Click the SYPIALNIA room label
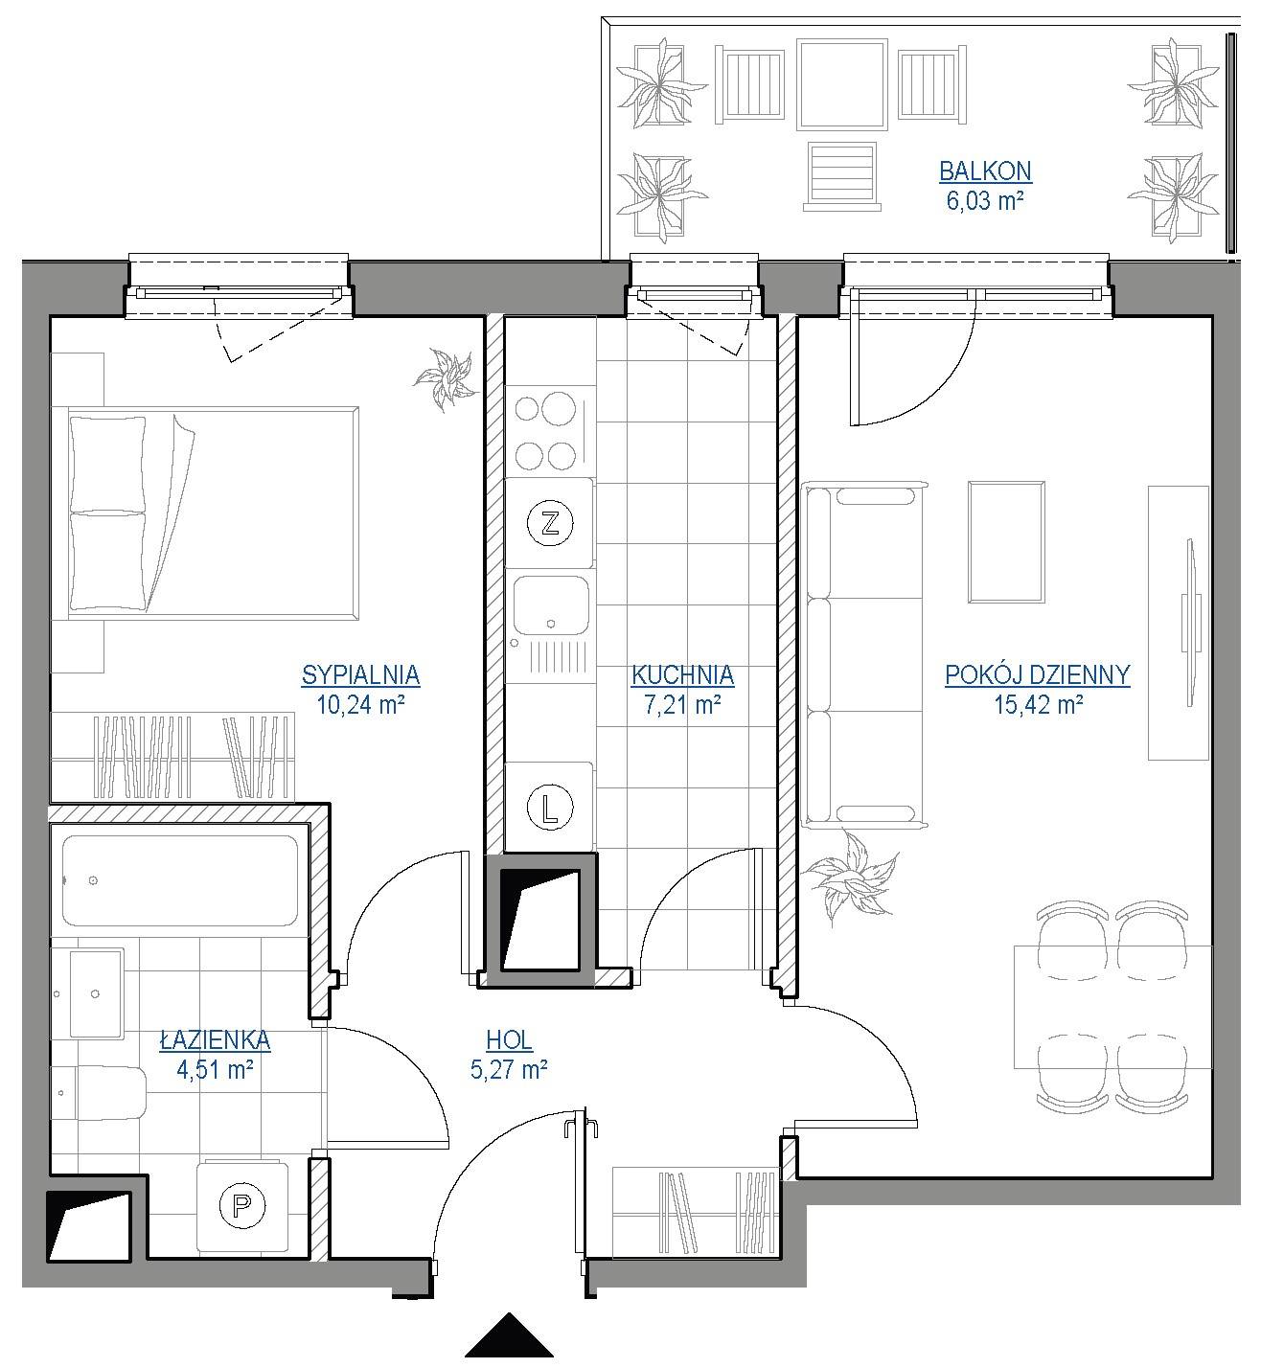click(x=360, y=675)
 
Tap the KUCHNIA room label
click(x=682, y=675)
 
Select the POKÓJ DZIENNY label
click(x=1037, y=675)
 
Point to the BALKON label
click(x=985, y=171)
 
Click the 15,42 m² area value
click(x=1038, y=704)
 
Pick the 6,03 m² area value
click(x=985, y=200)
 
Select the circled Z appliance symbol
click(x=550, y=524)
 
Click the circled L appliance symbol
click(x=550, y=809)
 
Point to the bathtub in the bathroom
click(x=180, y=880)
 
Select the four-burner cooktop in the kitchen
click(x=545, y=432)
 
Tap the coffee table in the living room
click(x=1006, y=542)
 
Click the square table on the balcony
click(x=842, y=84)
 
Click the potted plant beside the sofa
click(x=850, y=879)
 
